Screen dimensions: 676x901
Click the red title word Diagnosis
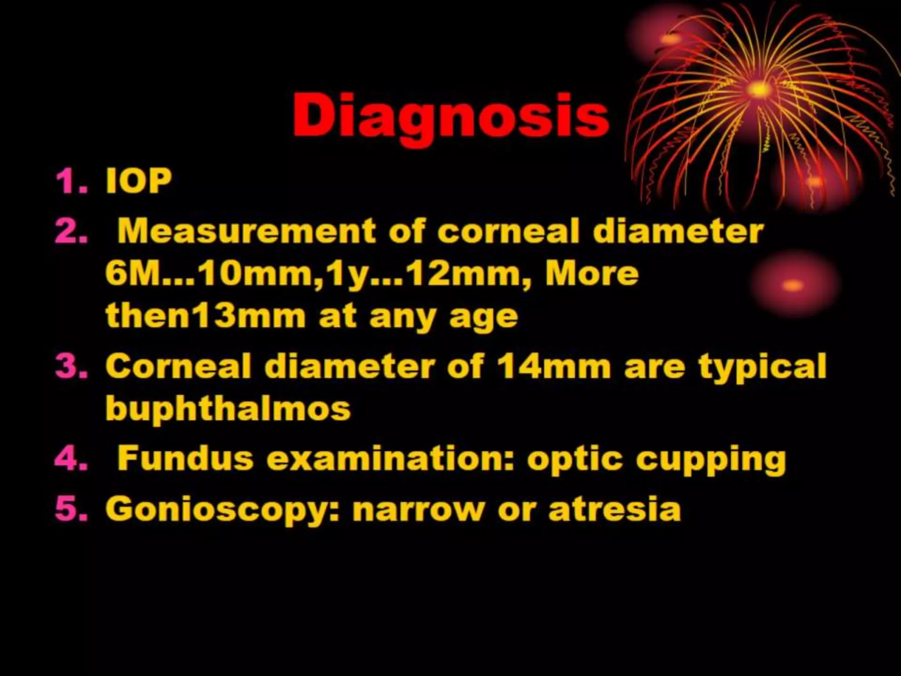coord(450,115)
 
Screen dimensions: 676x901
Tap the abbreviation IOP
coord(138,181)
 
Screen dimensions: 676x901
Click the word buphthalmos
coord(228,408)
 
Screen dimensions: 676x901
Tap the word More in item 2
coord(592,274)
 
